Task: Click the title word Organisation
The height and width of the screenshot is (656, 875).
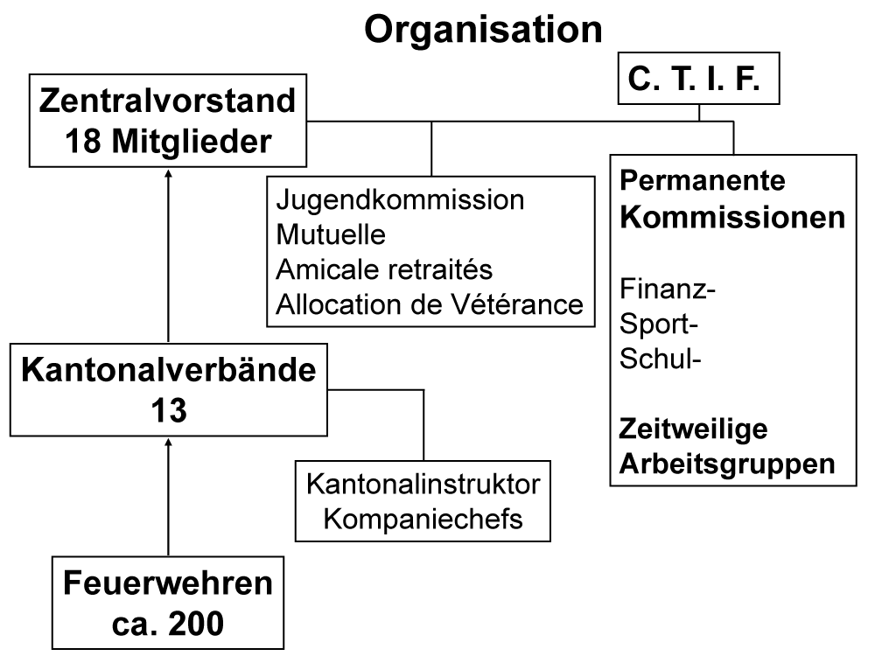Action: click(x=483, y=29)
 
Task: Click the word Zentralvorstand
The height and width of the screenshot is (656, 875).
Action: click(x=167, y=101)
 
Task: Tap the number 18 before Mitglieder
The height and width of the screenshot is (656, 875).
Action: click(x=84, y=141)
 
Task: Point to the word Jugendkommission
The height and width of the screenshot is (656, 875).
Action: click(x=400, y=199)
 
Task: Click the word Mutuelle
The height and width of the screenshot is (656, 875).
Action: click(x=331, y=234)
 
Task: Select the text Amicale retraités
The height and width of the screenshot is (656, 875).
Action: click(x=384, y=269)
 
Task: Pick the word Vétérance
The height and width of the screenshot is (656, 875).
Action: click(x=517, y=304)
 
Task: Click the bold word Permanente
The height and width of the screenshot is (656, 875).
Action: click(x=703, y=180)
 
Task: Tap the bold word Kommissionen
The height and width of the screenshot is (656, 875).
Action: click(x=732, y=217)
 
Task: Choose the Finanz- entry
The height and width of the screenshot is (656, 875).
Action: click(x=668, y=289)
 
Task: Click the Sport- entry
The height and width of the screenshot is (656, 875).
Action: click(x=659, y=325)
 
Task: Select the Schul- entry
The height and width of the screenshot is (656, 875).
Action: click(x=660, y=358)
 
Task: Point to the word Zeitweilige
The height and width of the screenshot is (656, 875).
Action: click(x=694, y=429)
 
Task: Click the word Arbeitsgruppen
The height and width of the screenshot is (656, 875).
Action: click(x=727, y=464)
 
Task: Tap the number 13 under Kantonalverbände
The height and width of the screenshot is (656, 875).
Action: click(x=169, y=410)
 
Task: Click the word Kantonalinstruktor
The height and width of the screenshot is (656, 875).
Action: click(x=423, y=485)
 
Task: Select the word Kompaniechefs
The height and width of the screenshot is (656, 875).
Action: click(x=423, y=520)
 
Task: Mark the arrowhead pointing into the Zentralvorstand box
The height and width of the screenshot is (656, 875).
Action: click(x=168, y=173)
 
